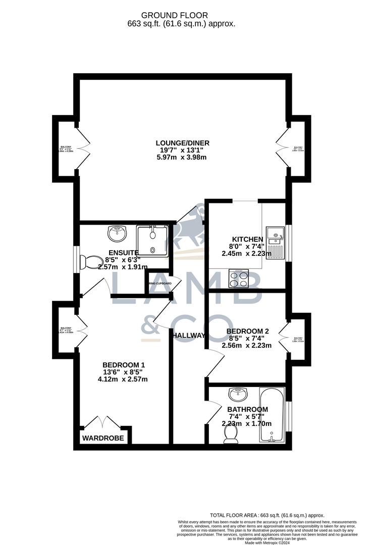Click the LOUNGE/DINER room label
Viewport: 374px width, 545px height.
pyautogui.click(x=182, y=143)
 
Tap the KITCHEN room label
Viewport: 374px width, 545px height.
pyautogui.click(x=247, y=239)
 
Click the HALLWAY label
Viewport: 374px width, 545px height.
pyautogui.click(x=188, y=336)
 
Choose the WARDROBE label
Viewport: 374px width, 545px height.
pyautogui.click(x=103, y=438)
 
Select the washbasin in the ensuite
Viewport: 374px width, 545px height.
pyautogui.click(x=118, y=234)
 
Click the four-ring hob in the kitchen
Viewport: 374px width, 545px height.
pyautogui.click(x=239, y=279)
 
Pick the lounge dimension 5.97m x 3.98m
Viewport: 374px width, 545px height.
pyautogui.click(x=182, y=157)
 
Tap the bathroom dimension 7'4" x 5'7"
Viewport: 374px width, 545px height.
pyautogui.click(x=247, y=416)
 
